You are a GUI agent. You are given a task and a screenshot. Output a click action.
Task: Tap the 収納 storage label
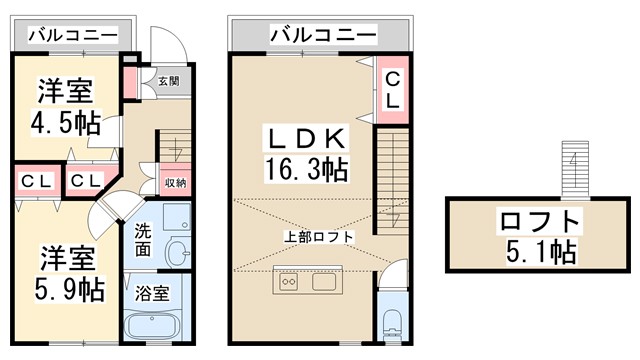coord(175,182)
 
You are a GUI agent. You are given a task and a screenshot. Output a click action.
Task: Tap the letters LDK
coord(306,137)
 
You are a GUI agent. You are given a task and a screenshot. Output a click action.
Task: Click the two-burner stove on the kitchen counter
coord(288,281)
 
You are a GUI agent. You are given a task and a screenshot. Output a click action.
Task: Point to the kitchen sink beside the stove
coord(324,281)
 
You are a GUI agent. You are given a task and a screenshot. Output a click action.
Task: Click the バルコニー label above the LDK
coord(322,36)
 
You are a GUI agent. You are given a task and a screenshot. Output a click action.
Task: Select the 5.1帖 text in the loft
coord(540,250)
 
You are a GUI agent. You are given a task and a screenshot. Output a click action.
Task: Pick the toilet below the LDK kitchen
coord(394,321)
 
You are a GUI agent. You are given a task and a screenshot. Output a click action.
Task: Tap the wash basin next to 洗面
coord(177,250)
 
